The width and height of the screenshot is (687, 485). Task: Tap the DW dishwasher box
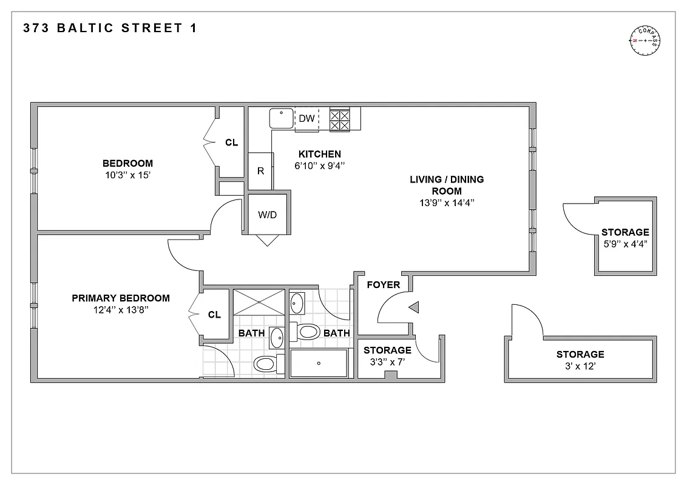click(x=307, y=119)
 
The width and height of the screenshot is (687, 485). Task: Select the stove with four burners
click(x=340, y=119)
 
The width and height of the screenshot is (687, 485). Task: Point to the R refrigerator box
click(x=261, y=171)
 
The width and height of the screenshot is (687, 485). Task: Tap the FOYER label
click(x=383, y=285)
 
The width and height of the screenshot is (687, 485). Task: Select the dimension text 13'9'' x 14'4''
click(x=447, y=203)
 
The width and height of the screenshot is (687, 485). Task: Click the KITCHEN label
click(x=319, y=154)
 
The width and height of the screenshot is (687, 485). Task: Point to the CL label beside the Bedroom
click(x=231, y=143)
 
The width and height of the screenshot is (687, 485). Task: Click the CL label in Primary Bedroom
click(x=214, y=315)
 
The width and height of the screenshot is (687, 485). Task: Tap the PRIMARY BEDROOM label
click(x=121, y=298)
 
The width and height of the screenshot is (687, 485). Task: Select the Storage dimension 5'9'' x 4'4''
click(x=625, y=244)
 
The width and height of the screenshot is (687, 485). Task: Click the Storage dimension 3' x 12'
click(x=580, y=366)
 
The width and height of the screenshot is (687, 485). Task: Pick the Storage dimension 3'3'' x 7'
click(x=387, y=362)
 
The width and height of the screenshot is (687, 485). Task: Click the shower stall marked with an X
click(x=259, y=302)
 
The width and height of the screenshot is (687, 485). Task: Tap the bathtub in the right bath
click(x=319, y=363)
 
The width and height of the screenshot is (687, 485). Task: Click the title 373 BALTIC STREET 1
click(x=109, y=28)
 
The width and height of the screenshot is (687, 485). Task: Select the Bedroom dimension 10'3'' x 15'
click(x=127, y=175)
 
